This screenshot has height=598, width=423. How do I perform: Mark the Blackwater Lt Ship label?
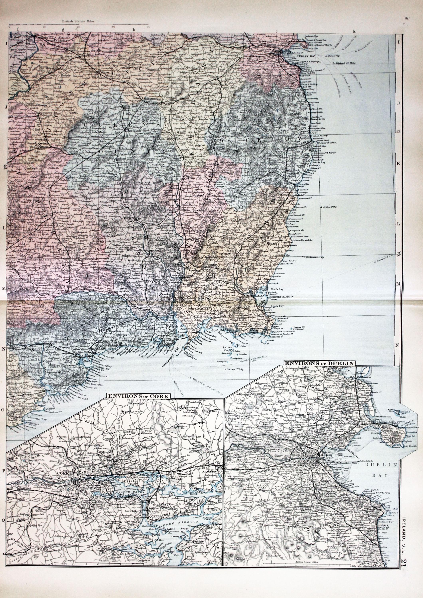pos(315,257)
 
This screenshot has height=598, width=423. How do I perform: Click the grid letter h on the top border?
pos(134,30)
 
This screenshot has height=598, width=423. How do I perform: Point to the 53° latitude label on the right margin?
pos(398,132)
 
